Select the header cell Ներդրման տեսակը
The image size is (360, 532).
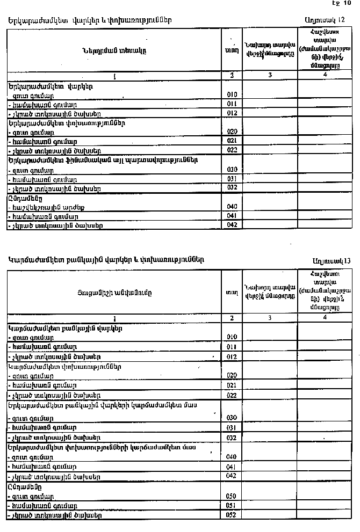[114, 50]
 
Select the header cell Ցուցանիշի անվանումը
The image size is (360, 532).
[114, 293]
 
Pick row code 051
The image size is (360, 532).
[232, 506]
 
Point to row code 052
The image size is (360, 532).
[232, 515]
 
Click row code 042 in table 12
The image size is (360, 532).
[232, 225]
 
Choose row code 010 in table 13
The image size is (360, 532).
[232, 337]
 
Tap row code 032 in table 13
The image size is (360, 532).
[232, 438]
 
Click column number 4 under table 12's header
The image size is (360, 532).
[325, 75]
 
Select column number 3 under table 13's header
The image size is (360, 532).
[270, 318]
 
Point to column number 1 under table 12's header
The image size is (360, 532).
[114, 76]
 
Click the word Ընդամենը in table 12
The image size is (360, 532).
[25, 198]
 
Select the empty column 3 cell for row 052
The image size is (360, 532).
[270, 515]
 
